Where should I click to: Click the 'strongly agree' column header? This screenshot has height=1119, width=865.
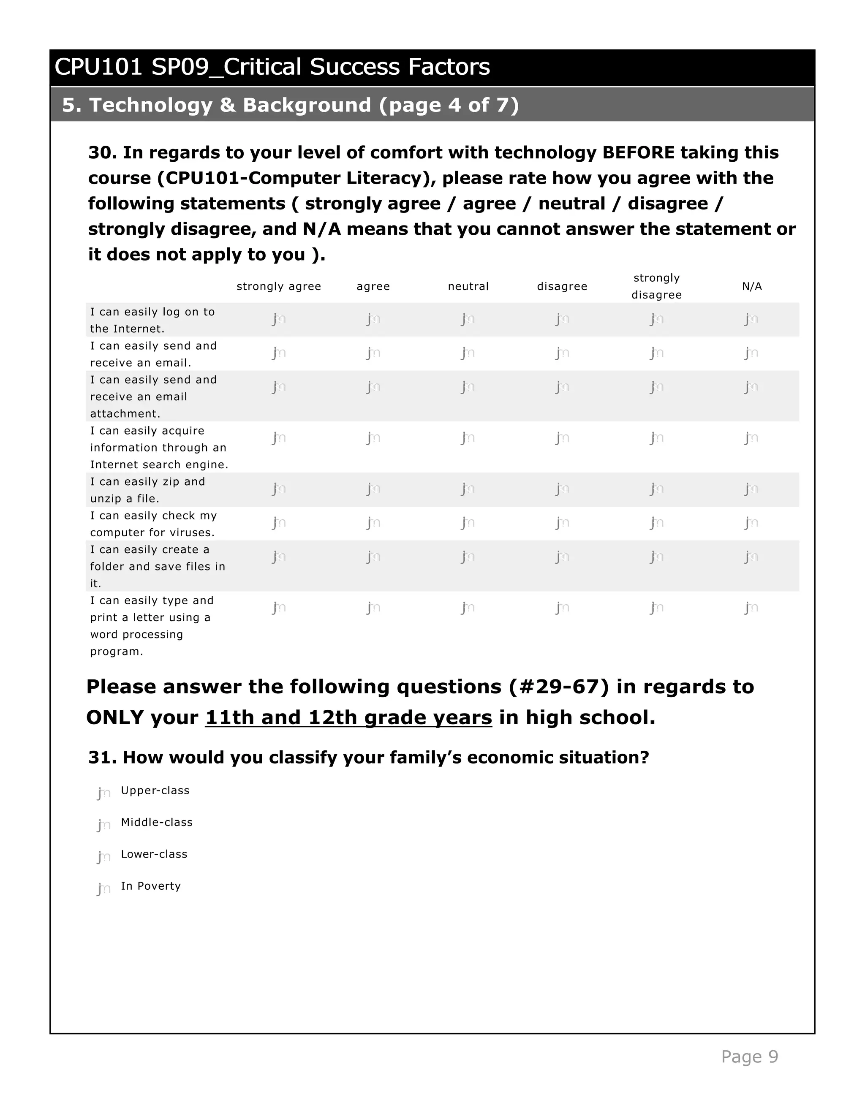pyautogui.click(x=279, y=286)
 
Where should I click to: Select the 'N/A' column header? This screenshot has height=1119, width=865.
pyautogui.click(x=752, y=286)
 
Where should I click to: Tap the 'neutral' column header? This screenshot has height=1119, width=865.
pyautogui.click(x=468, y=286)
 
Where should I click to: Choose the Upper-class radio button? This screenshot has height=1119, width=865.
pyautogui.click(x=104, y=793)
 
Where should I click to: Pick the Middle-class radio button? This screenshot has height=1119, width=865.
pyautogui.click(x=104, y=825)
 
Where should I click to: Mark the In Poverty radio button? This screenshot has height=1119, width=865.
pyautogui.click(x=104, y=888)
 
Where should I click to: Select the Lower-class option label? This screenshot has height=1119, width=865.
pyautogui.click(x=154, y=854)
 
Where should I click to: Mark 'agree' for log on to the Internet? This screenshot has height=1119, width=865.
pyautogui.click(x=373, y=319)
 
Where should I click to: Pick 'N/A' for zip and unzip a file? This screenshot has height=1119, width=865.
pyautogui.click(x=751, y=489)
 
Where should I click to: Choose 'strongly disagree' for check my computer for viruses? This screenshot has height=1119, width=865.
pyautogui.click(x=657, y=523)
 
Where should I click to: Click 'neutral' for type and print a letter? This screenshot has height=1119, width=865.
pyautogui.click(x=468, y=608)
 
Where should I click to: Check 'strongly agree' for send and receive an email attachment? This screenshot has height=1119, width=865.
pyautogui.click(x=279, y=387)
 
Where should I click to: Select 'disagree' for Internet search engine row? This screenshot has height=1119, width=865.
pyautogui.click(x=562, y=438)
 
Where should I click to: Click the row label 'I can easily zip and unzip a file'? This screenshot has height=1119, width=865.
pyautogui.click(x=147, y=490)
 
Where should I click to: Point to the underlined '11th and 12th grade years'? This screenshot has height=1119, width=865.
pyautogui.click(x=348, y=717)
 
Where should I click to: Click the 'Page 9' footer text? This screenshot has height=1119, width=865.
pyautogui.click(x=749, y=1057)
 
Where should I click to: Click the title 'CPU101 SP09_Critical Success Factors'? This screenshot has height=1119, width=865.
pyautogui.click(x=272, y=67)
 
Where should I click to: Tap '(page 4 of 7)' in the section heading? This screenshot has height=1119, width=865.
pyautogui.click(x=449, y=105)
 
